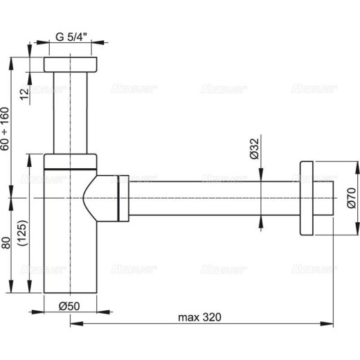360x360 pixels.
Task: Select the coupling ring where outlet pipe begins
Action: (x=123, y=198)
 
